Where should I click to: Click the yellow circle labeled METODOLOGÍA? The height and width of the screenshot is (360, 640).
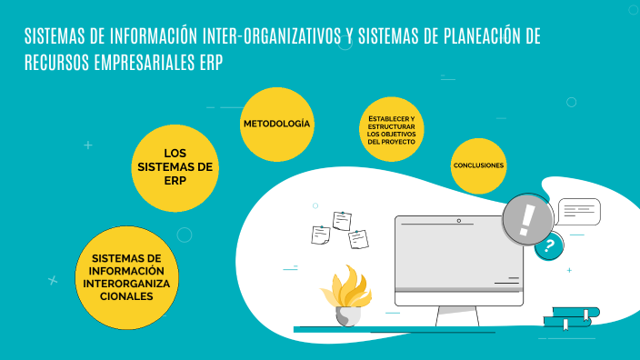tap(276, 124)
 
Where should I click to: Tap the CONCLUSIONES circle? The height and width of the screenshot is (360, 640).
tap(478, 165)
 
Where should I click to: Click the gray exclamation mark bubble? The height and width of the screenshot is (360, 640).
tap(528, 219)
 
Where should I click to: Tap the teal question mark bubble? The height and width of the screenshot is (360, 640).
tap(548, 245)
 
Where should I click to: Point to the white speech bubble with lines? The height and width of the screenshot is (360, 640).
tap(579, 211)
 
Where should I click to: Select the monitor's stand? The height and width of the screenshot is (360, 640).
tap(457, 315)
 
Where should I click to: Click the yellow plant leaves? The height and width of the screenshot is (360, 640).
tap(345, 288)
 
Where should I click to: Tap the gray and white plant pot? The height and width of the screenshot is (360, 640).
tap(348, 316)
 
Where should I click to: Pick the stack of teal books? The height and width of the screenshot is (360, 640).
tap(571, 316)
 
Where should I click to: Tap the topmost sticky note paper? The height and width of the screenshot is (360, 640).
tap(342, 220)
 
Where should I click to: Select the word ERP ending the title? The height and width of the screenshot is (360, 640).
tap(211, 63)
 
